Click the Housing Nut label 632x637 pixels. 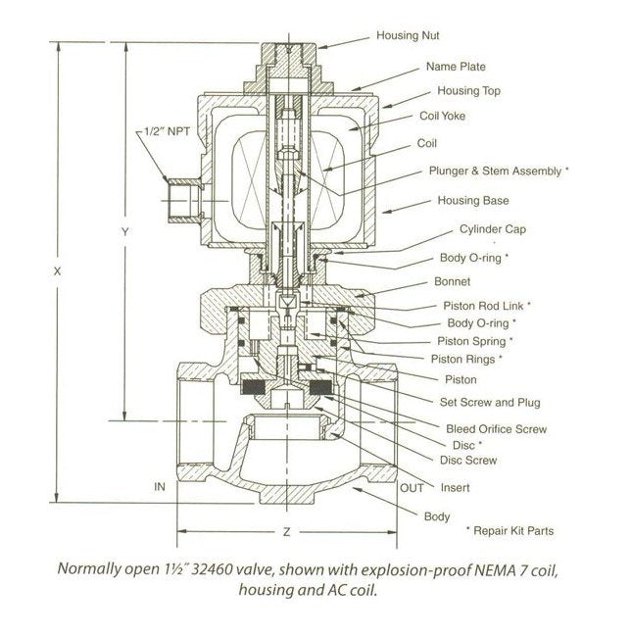pos(409,36)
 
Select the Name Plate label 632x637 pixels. pos(456,68)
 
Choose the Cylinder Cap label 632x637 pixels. pos(488,231)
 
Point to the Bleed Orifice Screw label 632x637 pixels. pos(496,429)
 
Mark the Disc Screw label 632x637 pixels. pos(467,460)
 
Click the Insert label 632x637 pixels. pos(455,487)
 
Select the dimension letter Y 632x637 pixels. pos(124,232)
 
